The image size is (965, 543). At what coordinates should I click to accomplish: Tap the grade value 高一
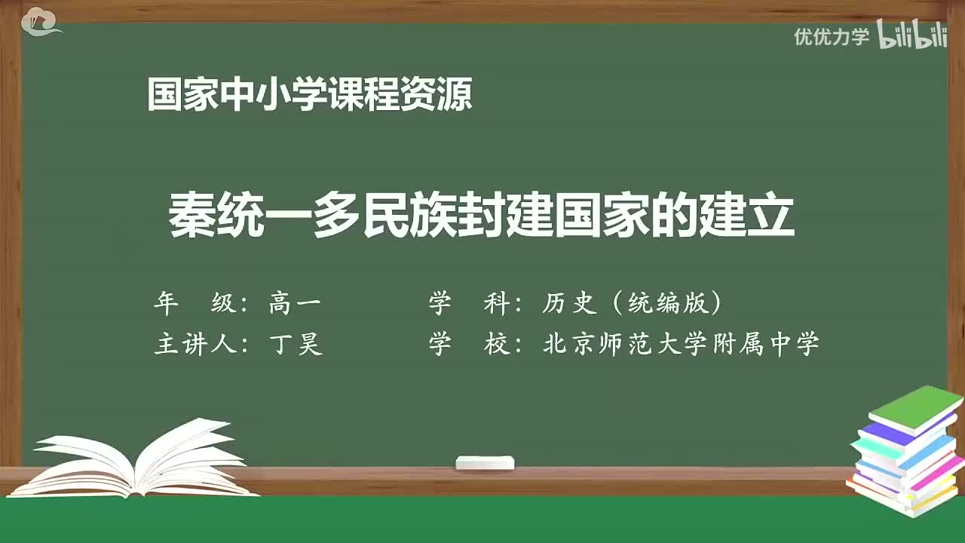pyautogui.click(x=295, y=303)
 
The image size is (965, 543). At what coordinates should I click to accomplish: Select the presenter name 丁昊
pyautogui.click(x=296, y=345)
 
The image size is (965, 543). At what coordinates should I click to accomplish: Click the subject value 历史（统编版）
pyautogui.click(x=633, y=303)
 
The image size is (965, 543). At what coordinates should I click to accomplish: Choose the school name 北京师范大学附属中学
pyautogui.click(x=681, y=345)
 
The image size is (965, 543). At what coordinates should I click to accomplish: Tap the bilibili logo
pyautogui.click(x=911, y=35)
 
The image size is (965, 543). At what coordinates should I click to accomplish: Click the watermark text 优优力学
pyautogui.click(x=831, y=36)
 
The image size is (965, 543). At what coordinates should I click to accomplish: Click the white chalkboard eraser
pyautogui.click(x=485, y=462)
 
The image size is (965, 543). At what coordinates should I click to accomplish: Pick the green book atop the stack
pyautogui.click(x=915, y=408)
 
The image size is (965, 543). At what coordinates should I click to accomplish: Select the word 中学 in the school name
pyautogui.click(x=796, y=345)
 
